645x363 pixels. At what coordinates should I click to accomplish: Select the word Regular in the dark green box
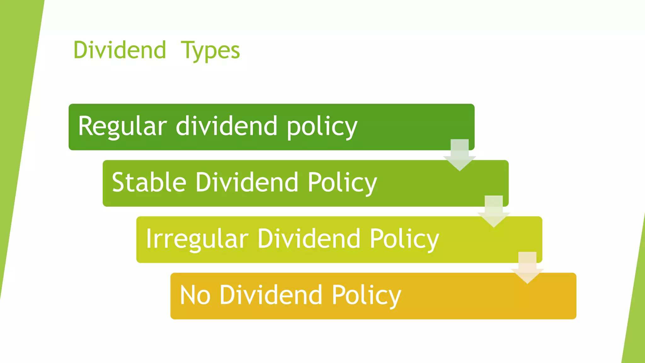(x=123, y=126)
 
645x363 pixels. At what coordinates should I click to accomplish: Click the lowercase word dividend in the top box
(x=226, y=126)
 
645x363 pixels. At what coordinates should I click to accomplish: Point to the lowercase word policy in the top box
(x=322, y=127)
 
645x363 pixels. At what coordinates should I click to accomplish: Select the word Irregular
(x=197, y=239)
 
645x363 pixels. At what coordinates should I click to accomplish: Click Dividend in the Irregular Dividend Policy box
(x=309, y=239)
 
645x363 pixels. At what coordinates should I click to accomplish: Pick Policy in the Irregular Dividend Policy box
(x=404, y=239)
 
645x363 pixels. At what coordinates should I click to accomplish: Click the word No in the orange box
(x=195, y=295)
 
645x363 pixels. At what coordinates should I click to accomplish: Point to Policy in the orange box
(x=366, y=296)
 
